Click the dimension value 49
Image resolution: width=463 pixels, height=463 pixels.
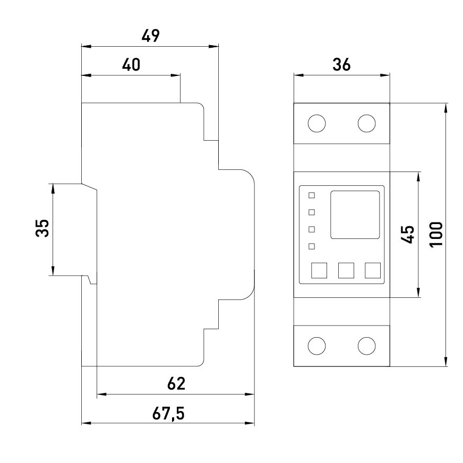[x=151, y=36]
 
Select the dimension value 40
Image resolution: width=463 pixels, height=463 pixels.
[x=131, y=65]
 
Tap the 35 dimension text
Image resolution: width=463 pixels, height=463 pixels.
[x=42, y=228]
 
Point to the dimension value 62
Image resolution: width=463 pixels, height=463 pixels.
[x=176, y=383]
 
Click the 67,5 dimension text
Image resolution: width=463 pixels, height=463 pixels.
[x=168, y=414]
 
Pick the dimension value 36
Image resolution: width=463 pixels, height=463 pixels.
[x=341, y=65]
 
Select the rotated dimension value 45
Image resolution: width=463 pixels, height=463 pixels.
[x=408, y=235]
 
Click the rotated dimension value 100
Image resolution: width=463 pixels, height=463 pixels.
[x=436, y=234]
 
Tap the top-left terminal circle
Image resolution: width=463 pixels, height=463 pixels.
[x=316, y=123]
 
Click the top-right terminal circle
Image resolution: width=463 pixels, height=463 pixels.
[x=367, y=123]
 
